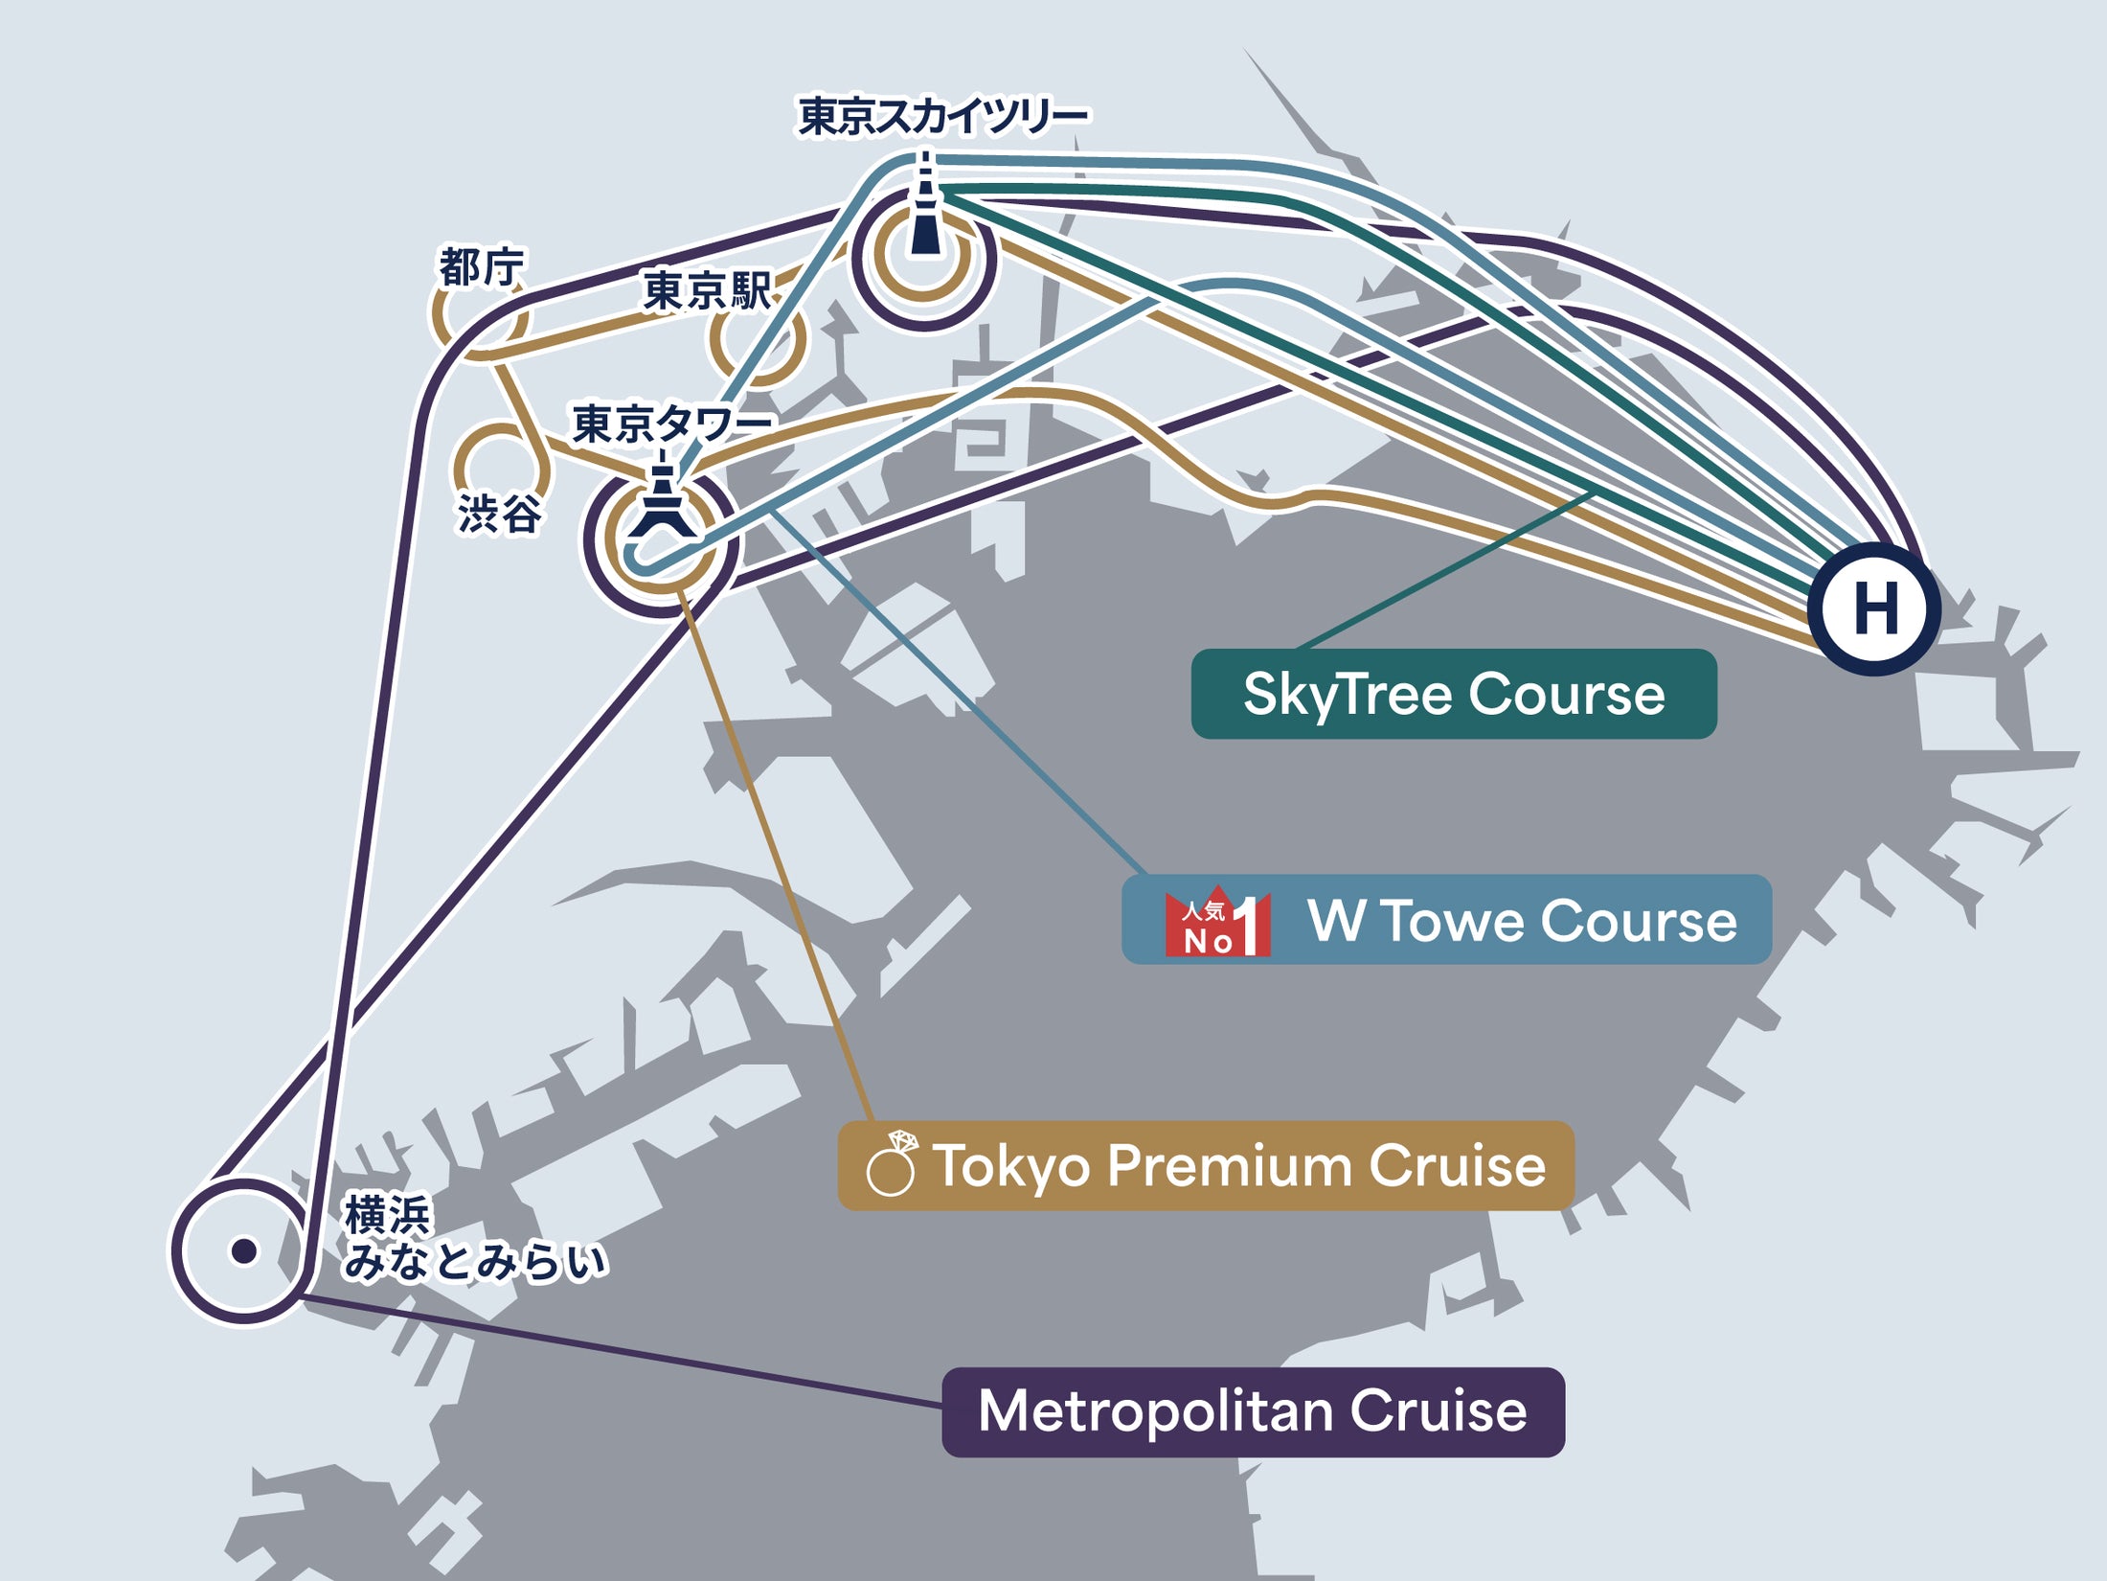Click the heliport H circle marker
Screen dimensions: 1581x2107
coord(1874,608)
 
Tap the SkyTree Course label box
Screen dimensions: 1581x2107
coord(1453,694)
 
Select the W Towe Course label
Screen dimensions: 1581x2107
coord(1521,921)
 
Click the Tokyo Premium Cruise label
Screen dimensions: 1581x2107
coord(1238,1166)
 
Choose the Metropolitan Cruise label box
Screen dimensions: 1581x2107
coord(1253,1412)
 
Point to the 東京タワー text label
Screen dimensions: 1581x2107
coord(671,424)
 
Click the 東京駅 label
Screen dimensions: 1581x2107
coord(707,291)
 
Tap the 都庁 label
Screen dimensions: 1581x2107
coord(482,267)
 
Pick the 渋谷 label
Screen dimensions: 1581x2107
coord(499,515)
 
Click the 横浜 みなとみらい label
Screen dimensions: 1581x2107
coord(474,1239)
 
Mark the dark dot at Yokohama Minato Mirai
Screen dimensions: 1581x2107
coord(244,1250)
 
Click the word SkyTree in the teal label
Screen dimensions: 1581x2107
coord(1346,695)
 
